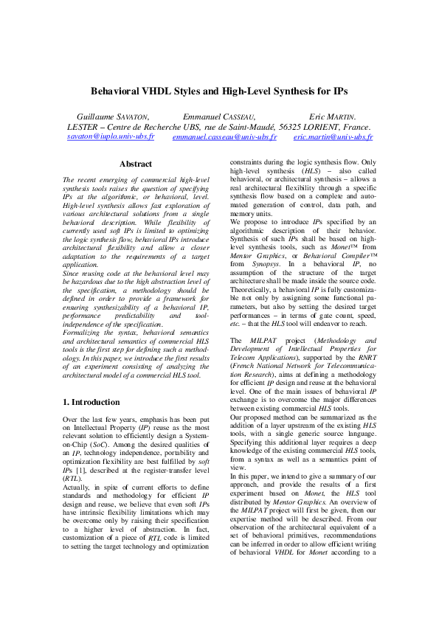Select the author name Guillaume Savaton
(113, 117)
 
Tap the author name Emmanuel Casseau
(218, 117)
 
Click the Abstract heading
(136, 164)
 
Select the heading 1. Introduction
(91, 402)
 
